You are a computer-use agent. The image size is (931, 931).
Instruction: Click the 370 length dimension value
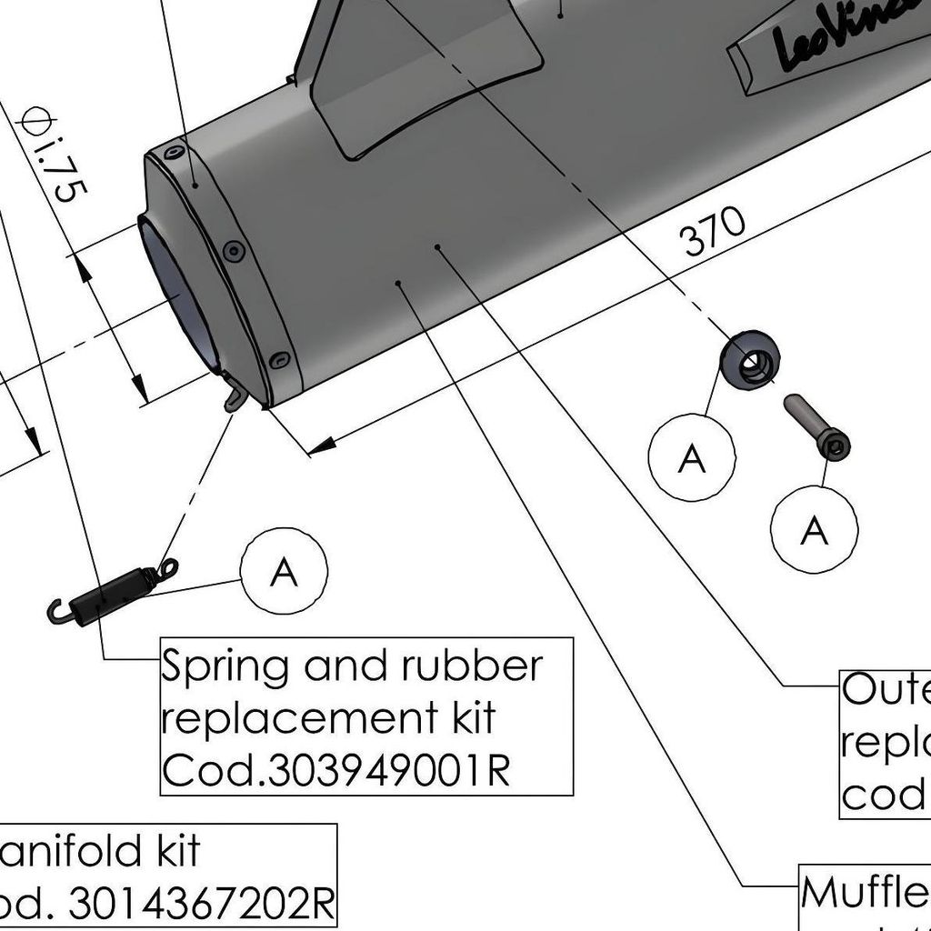[x=714, y=233]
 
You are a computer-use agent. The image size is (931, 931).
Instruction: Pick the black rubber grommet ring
[x=751, y=360]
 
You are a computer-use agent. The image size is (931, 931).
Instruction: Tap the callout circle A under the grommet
[x=692, y=458]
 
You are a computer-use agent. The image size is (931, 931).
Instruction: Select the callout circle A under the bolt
[x=813, y=529]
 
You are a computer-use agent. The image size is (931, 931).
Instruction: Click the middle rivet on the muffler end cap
[x=234, y=250]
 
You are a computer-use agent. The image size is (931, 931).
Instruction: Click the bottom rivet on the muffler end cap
[x=280, y=359]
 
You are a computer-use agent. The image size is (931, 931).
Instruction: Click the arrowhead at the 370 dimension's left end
[x=319, y=446]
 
